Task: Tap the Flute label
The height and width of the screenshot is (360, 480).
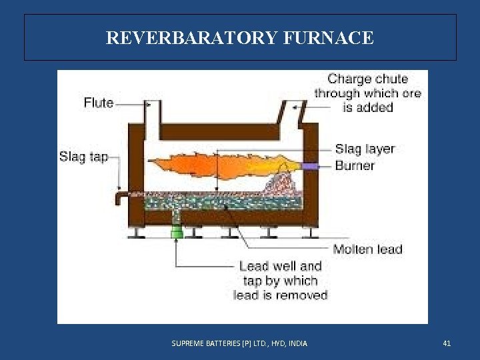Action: pyautogui.click(x=99, y=103)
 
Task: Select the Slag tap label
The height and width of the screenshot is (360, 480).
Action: pyautogui.click(x=83, y=157)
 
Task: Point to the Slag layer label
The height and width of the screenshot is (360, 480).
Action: pyautogui.click(x=365, y=149)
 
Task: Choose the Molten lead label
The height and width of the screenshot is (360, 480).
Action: pyautogui.click(x=368, y=249)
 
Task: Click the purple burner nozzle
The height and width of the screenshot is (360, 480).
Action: pyautogui.click(x=309, y=165)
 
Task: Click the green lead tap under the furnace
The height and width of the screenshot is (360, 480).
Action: pyautogui.click(x=177, y=232)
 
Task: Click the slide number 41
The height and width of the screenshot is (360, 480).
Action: pyautogui.click(x=447, y=343)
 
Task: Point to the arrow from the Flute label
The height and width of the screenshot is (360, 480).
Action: pyautogui.click(x=131, y=103)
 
